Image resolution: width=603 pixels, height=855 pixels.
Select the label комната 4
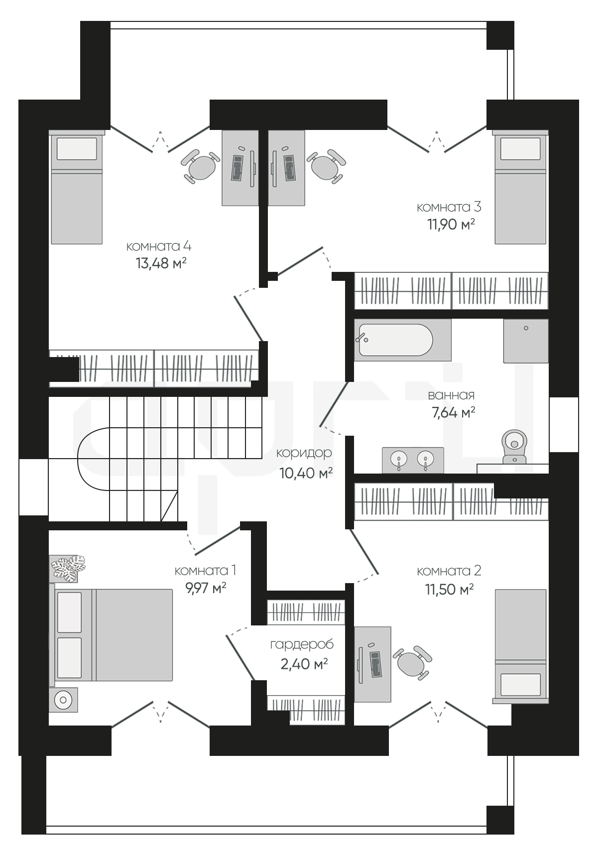click(x=158, y=246)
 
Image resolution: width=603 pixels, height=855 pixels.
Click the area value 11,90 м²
click(x=451, y=224)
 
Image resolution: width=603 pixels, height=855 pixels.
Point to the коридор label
click(x=304, y=454)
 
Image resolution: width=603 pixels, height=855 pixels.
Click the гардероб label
click(x=302, y=645)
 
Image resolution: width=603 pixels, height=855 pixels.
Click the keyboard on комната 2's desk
click(x=375, y=664)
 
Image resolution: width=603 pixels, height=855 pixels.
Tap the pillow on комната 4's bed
click(x=77, y=149)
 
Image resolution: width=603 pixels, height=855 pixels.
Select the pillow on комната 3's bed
click(x=520, y=149)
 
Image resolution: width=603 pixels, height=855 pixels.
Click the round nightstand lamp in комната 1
click(x=63, y=700)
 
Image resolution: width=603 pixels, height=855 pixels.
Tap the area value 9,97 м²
click(x=206, y=588)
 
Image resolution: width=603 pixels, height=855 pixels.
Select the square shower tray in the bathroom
click(x=526, y=341)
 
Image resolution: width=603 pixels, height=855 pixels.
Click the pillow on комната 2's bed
click(x=520, y=684)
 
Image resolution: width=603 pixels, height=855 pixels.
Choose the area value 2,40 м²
click(x=304, y=664)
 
